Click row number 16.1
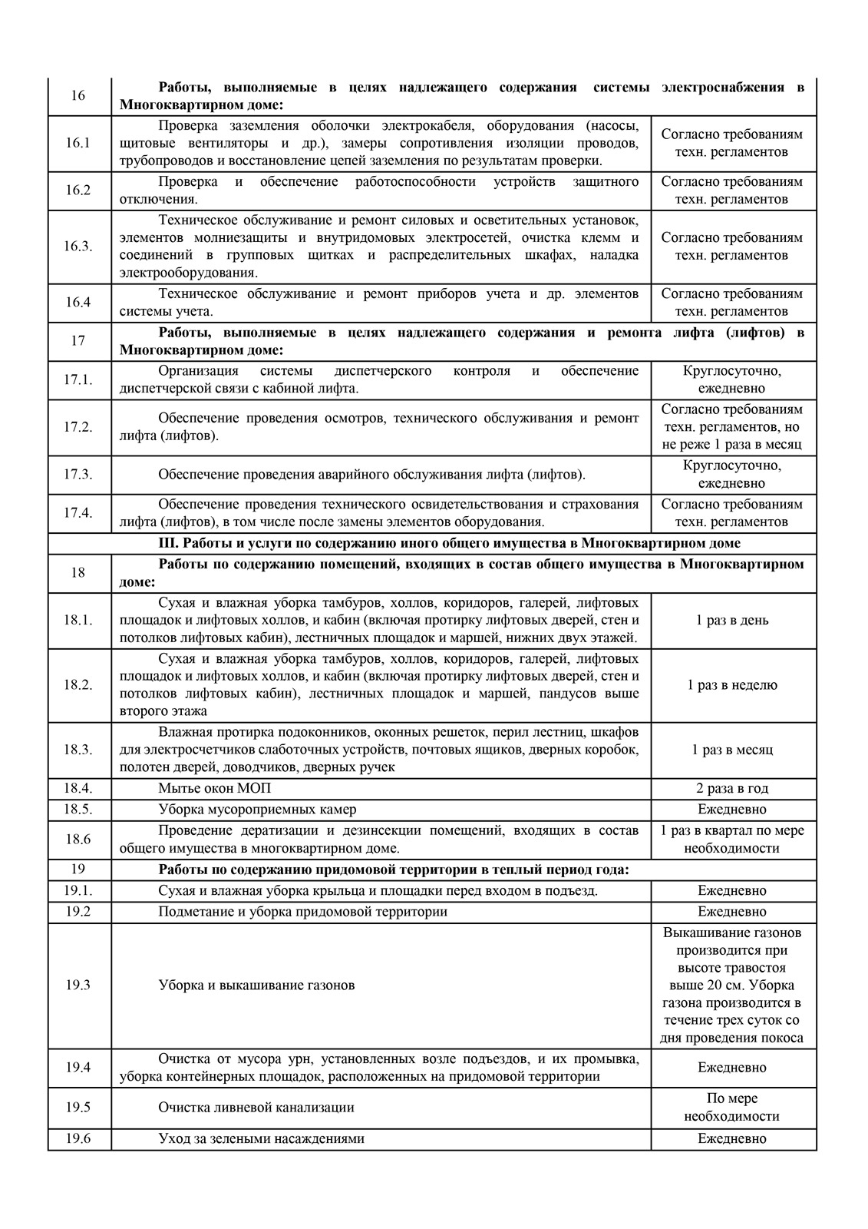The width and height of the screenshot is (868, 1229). point(78,143)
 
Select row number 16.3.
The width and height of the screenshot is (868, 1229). point(78,246)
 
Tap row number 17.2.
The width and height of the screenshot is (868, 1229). point(78,427)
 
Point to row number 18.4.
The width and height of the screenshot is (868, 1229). point(78,788)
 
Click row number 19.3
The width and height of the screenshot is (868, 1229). point(78,985)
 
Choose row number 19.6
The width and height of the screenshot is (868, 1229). point(78,1138)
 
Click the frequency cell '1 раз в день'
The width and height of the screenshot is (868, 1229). point(732,621)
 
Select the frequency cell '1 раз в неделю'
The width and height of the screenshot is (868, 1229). point(732,685)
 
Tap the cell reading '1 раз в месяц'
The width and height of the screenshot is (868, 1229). point(732,750)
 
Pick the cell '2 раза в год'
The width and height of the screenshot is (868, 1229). point(732,788)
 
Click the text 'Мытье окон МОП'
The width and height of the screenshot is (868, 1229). point(215,788)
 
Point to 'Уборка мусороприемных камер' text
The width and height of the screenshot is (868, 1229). point(257,810)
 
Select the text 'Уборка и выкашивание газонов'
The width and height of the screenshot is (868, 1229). point(256,985)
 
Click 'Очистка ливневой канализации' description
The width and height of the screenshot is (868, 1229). point(256,1108)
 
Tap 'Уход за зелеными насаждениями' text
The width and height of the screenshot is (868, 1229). point(261,1138)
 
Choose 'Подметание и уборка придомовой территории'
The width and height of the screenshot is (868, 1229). point(302,912)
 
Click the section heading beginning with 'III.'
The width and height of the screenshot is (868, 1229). point(449,543)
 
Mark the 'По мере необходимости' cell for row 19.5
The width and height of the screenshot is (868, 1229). point(732,1108)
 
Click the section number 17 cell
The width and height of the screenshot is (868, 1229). point(78,341)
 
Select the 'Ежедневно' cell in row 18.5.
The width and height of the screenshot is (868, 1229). point(732,810)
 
